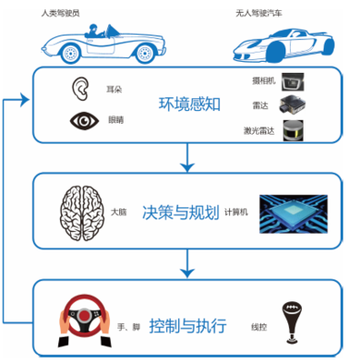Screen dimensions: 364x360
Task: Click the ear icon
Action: (x=81, y=89)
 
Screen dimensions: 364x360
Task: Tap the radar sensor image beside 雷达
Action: (x=291, y=106)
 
